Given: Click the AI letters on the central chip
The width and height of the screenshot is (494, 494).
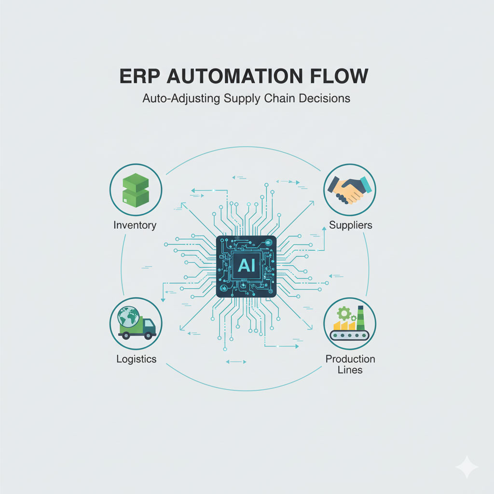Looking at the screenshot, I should (246, 265).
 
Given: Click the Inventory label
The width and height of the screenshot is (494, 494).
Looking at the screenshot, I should (135, 225).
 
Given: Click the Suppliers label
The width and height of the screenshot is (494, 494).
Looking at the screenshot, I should (351, 225).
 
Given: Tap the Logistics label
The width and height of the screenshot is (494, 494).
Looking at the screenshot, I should (137, 359).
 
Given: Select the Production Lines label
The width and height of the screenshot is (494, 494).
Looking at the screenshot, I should (351, 365).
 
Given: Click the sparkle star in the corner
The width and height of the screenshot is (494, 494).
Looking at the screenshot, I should (467, 467).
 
